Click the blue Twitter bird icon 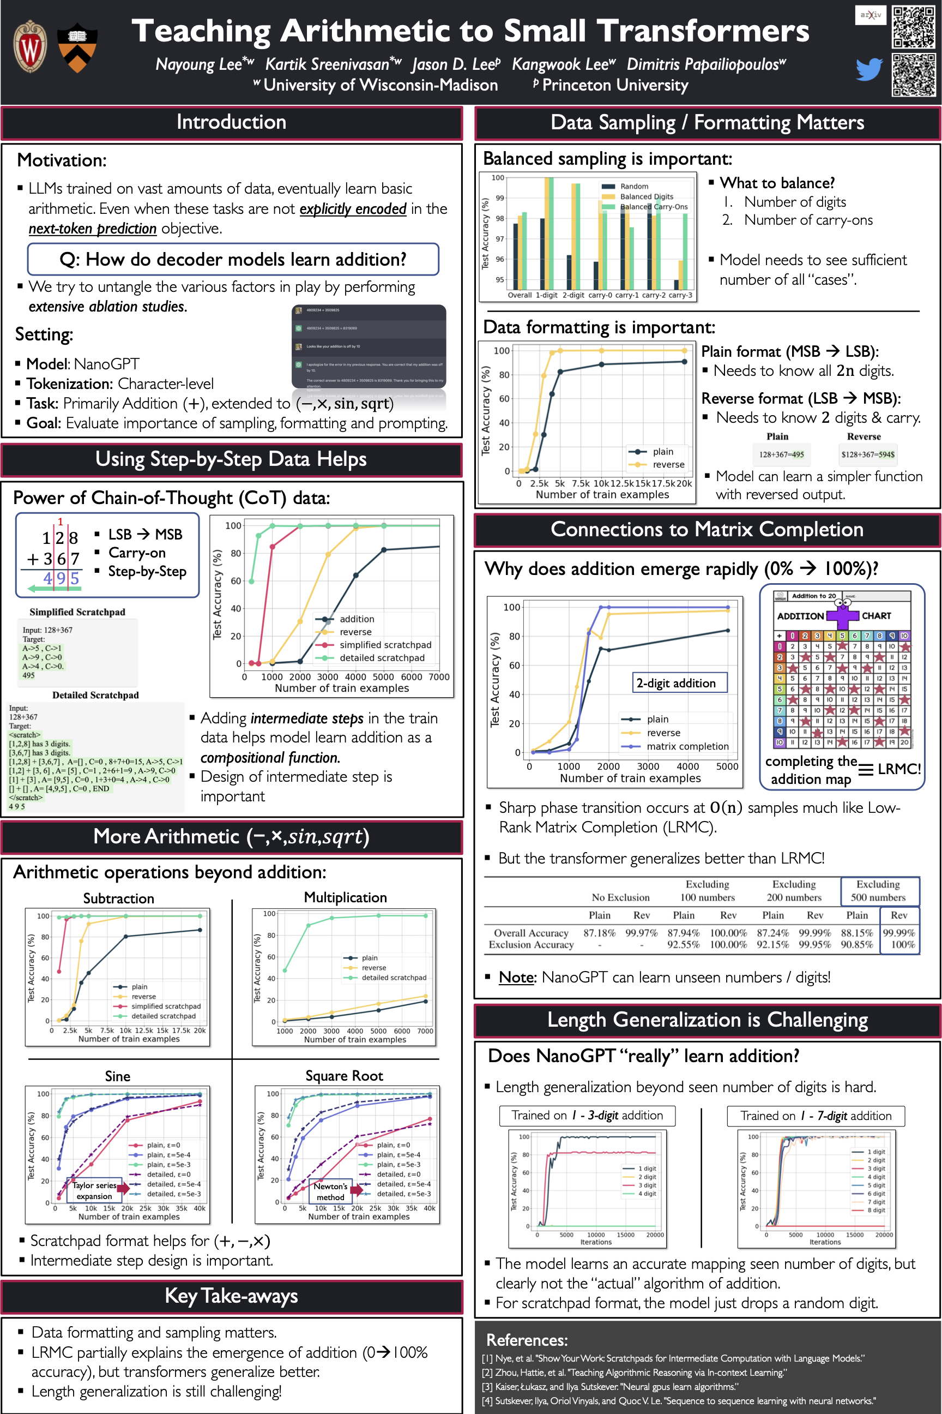869,69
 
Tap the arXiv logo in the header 870,15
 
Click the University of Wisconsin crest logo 30,46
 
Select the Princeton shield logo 77,48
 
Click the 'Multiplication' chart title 345,897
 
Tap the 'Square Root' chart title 343,1076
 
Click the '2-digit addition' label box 676,683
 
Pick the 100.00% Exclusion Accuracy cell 728,944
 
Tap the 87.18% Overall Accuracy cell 599,933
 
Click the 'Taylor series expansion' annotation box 94,1190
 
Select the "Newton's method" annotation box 330,1191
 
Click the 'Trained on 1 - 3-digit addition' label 587,1115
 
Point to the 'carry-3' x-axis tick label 680,295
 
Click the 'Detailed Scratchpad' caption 95,695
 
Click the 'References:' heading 526,1339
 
